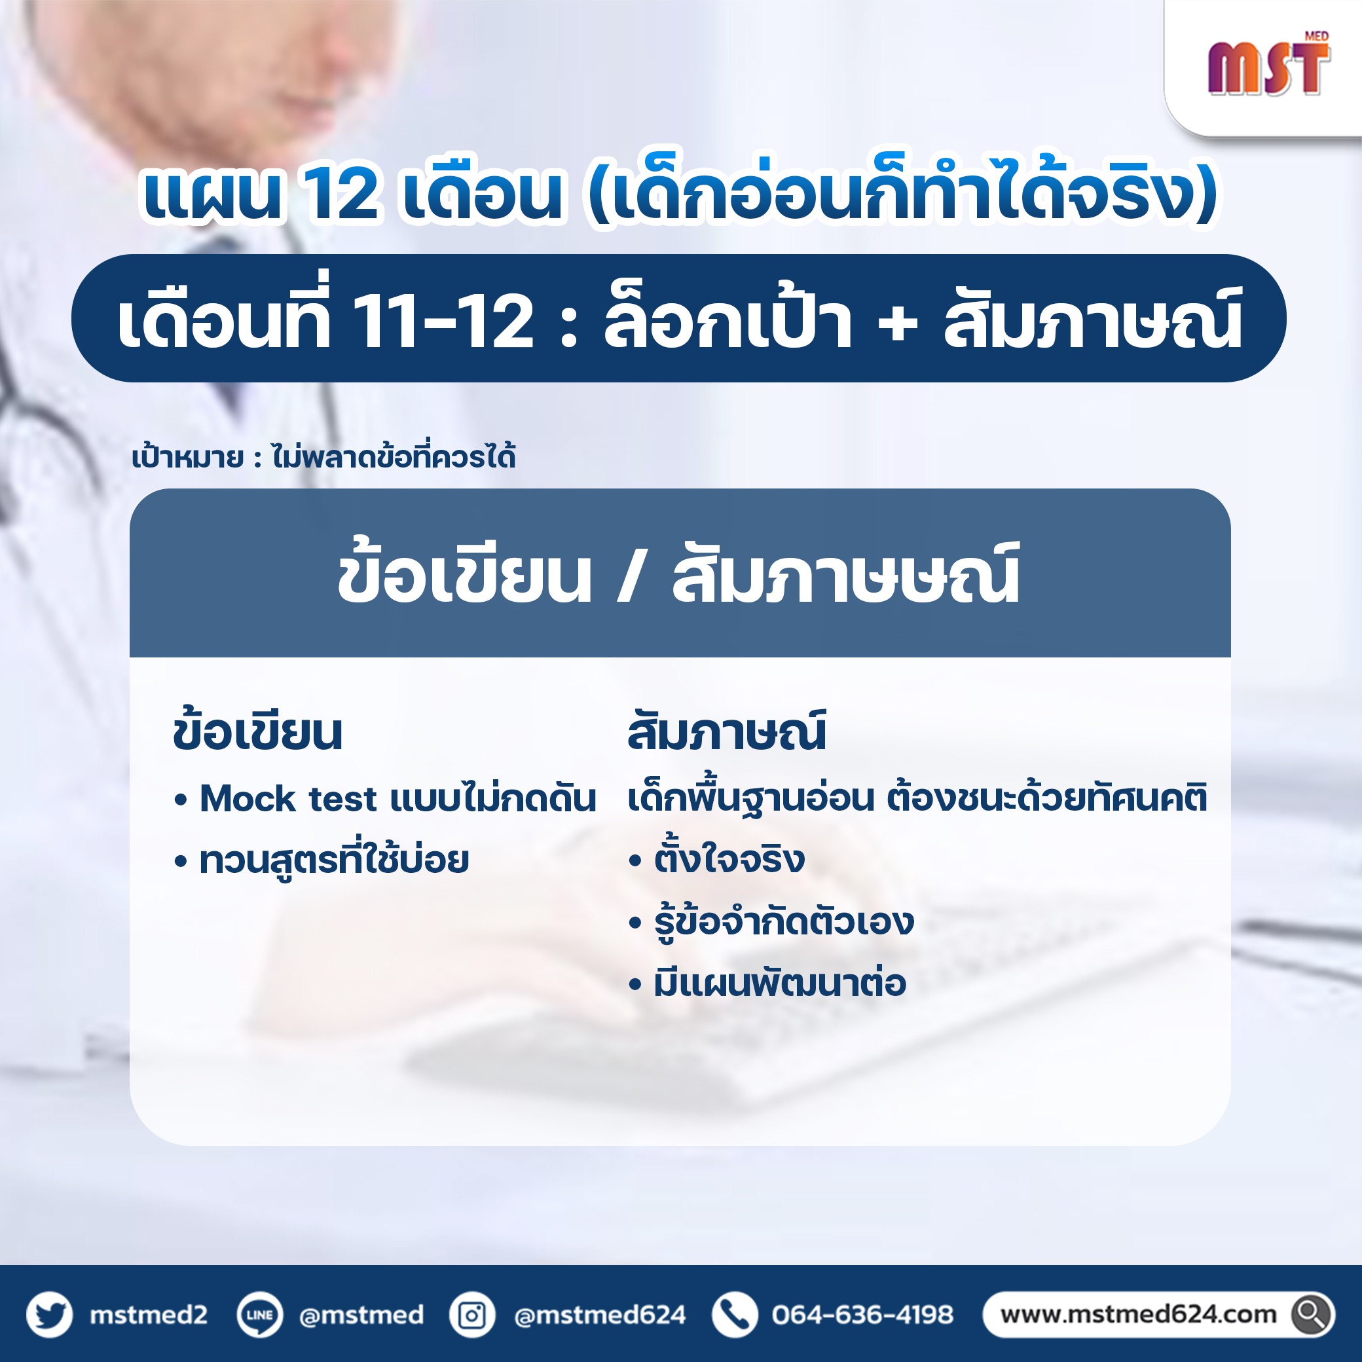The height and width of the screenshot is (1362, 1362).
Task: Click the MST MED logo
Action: [x=1269, y=64]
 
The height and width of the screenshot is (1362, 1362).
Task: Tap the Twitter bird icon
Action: [x=49, y=1315]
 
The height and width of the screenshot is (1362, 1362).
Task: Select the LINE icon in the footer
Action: [x=259, y=1315]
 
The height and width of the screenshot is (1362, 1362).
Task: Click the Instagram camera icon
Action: [x=471, y=1315]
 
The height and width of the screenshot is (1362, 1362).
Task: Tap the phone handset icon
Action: [x=735, y=1315]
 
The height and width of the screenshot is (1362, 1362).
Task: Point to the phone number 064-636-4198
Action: [x=862, y=1315]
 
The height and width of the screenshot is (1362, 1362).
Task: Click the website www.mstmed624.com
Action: [x=1138, y=1315]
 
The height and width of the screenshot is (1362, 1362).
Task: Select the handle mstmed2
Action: [x=148, y=1315]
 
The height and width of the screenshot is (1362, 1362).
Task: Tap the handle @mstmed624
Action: [x=600, y=1316]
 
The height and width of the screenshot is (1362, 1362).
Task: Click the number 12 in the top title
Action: [x=342, y=195]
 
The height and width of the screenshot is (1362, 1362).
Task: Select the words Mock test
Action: [x=288, y=799]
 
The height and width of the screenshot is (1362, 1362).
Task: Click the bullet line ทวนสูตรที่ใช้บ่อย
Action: [x=322, y=860]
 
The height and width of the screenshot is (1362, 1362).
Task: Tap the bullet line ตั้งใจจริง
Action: [x=716, y=859]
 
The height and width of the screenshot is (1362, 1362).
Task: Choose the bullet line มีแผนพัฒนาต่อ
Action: [x=767, y=983]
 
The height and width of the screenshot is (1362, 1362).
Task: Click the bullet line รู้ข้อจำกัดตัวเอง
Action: [x=771, y=921]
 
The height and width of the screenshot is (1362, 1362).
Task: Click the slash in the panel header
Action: [x=628, y=577]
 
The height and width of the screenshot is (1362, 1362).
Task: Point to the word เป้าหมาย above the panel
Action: [x=187, y=458]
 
